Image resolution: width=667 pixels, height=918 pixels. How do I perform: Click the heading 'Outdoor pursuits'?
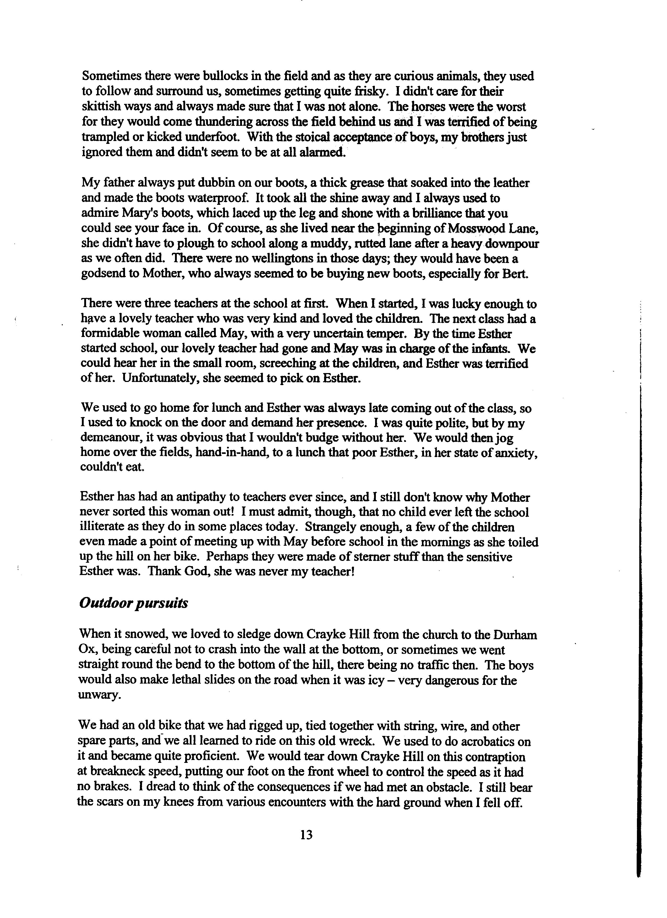click(134, 603)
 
